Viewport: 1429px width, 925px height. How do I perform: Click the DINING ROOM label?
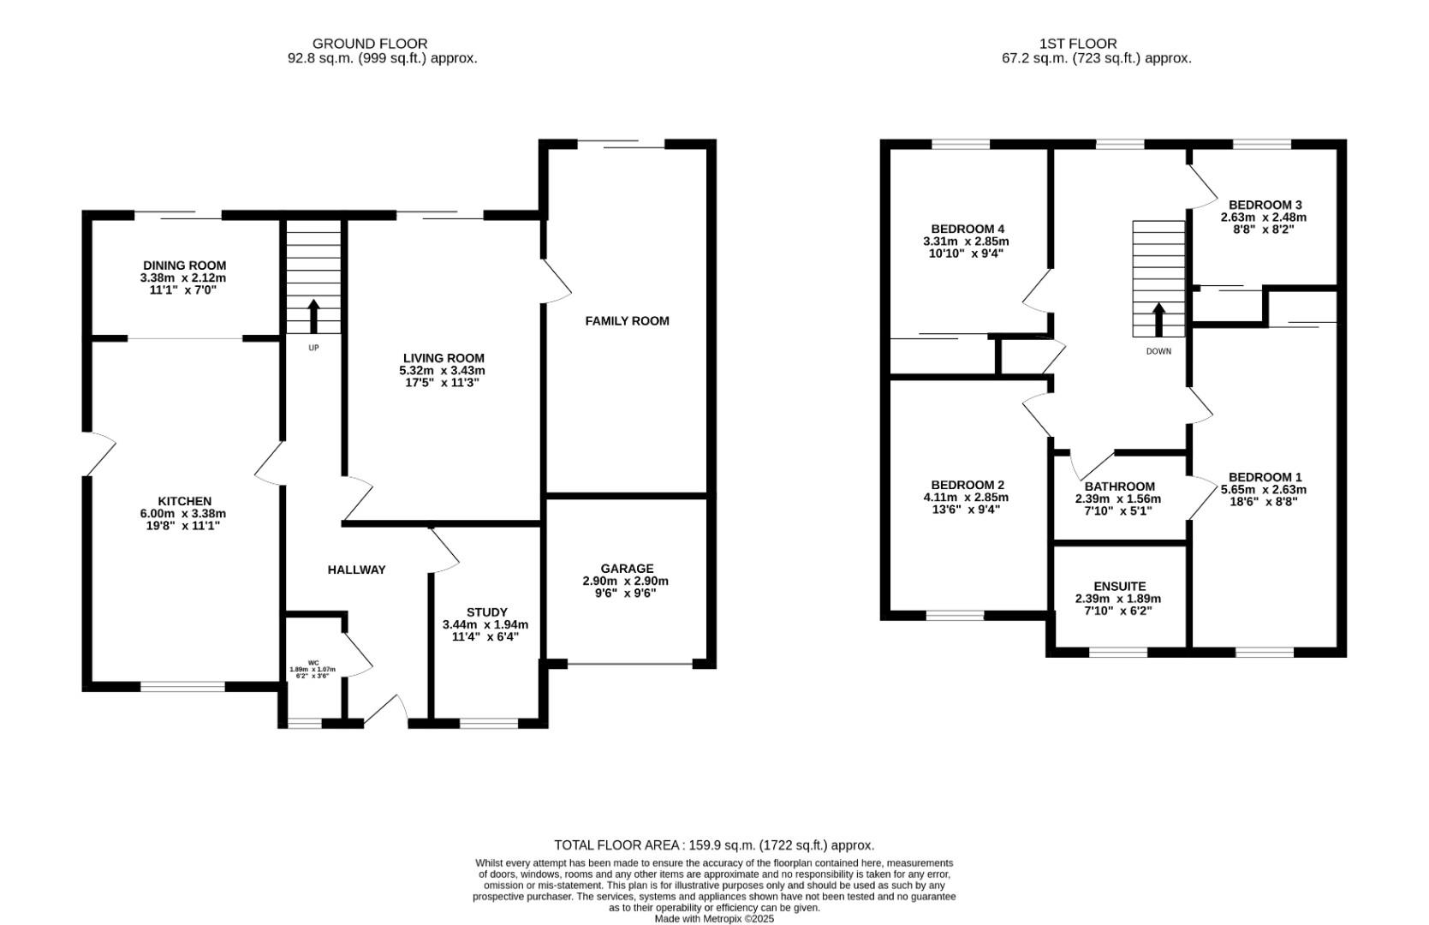pos(184,266)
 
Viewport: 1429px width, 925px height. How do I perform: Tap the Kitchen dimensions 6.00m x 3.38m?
pos(184,514)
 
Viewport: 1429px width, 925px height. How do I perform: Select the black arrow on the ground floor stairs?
pos(313,316)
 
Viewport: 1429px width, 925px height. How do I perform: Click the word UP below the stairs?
pos(313,348)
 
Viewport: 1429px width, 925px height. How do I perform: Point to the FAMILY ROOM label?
pos(627,321)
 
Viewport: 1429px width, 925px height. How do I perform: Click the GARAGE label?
pos(627,569)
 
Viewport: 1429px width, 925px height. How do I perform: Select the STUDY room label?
pos(486,612)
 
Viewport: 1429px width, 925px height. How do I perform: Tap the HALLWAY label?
pos(356,570)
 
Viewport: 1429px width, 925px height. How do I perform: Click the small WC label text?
pos(313,663)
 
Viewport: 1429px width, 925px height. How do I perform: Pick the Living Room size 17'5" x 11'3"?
pos(442,383)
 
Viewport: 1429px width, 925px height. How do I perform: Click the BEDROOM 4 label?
pos(968,229)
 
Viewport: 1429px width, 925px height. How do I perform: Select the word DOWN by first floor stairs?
pos(1158,351)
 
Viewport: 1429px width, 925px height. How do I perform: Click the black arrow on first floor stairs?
pos(1159,319)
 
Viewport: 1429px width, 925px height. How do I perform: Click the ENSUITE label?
pos(1119,587)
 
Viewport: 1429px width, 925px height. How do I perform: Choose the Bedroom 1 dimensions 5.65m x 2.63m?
pos(1264,490)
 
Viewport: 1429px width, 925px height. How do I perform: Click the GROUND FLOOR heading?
pos(370,43)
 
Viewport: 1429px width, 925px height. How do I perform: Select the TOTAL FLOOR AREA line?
pos(714,845)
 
